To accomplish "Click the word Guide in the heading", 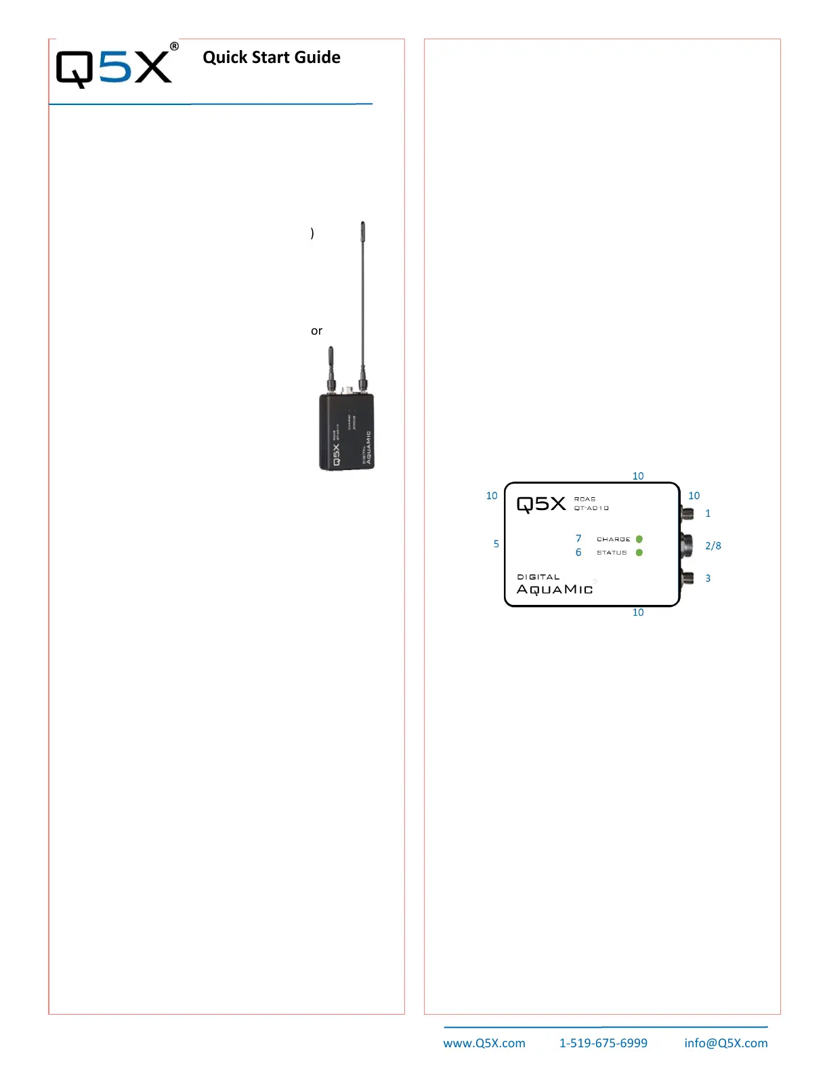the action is (318, 58).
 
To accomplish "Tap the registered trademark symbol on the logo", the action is (174, 47).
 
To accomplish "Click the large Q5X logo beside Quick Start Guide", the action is (114, 68).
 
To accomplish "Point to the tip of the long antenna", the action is (363, 225).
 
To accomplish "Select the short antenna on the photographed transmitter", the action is (331, 366).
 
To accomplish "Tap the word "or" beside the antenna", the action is (316, 331).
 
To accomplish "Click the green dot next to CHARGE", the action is (639, 539).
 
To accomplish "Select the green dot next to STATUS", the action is (639, 553).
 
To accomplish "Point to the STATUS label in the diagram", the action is (612, 553).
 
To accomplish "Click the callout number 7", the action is (578, 539).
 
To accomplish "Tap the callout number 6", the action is (578, 553).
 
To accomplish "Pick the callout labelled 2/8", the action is (713, 546).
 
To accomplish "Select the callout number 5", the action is (496, 544).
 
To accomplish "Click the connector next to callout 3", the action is (687, 578).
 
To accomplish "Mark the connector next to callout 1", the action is (687, 513).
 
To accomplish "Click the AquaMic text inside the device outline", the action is (555, 589).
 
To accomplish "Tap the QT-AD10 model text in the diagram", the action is (591, 508).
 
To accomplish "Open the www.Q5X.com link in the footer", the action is (484, 1043).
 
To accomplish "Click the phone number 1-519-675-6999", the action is (603, 1043).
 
